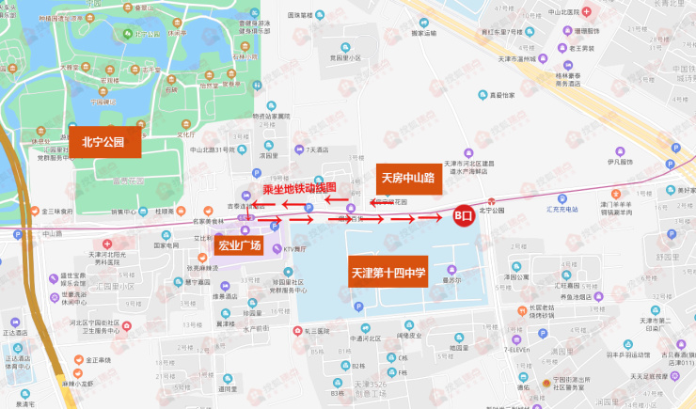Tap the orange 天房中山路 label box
[406, 177]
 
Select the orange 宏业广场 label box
[239, 246]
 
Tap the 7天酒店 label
[317, 149]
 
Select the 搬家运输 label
[425, 33]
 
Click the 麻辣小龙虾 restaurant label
[78, 384]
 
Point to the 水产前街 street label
[255, 328]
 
